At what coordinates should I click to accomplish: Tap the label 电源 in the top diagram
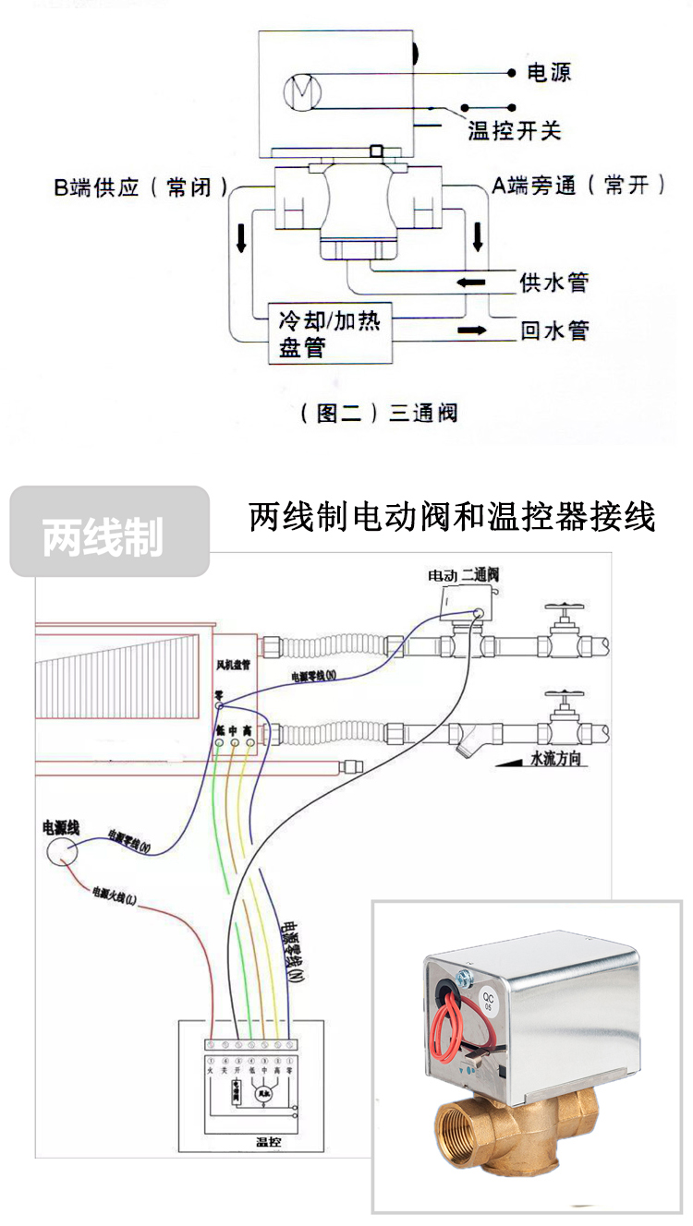[x=549, y=72]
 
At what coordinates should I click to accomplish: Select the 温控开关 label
[x=514, y=130]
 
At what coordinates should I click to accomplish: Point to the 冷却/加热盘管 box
[x=328, y=333]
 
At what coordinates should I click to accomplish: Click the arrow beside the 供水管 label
[x=472, y=281]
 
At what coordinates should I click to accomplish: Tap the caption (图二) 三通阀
[x=379, y=412]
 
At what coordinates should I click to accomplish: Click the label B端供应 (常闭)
[x=140, y=186]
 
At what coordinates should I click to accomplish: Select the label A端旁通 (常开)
[x=578, y=185]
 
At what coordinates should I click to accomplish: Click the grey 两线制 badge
[x=108, y=532]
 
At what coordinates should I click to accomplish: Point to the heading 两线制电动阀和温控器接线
[x=452, y=517]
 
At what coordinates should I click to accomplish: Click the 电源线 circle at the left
[x=63, y=849]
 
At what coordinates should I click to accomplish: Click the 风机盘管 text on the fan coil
[x=227, y=664]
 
